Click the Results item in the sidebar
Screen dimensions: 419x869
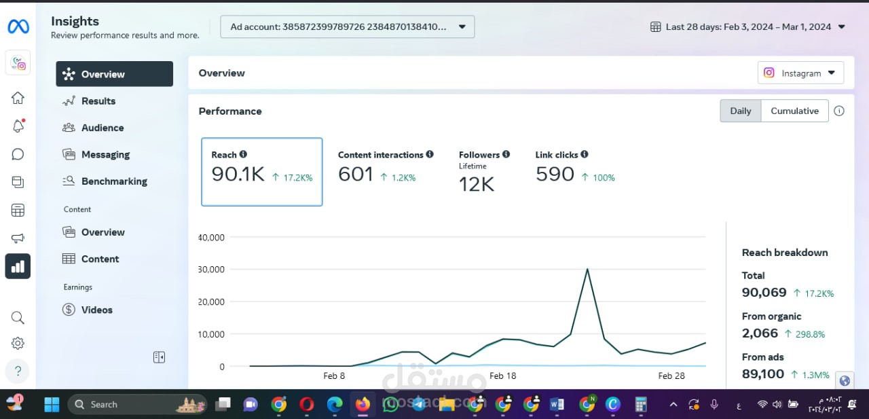click(x=98, y=101)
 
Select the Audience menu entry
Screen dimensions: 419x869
click(x=102, y=128)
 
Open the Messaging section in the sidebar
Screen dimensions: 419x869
click(x=105, y=155)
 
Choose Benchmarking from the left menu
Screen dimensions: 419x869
click(x=114, y=181)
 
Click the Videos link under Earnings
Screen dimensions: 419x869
click(x=96, y=310)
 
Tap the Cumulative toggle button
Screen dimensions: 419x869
click(x=794, y=111)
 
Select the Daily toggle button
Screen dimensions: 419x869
click(x=740, y=111)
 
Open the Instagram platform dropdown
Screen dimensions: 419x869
click(x=800, y=73)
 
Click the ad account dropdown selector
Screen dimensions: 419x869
click(x=347, y=26)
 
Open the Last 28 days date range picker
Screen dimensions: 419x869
click(x=747, y=26)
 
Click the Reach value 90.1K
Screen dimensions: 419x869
click(x=238, y=175)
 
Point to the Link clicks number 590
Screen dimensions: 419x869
click(x=555, y=175)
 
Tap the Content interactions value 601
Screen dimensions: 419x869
click(x=356, y=175)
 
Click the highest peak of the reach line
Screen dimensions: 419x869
click(x=587, y=269)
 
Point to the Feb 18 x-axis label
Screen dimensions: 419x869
click(x=503, y=376)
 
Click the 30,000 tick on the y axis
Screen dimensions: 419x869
click(x=211, y=269)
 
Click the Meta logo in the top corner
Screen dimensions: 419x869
click(x=18, y=26)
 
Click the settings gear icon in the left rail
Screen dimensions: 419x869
click(x=18, y=344)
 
